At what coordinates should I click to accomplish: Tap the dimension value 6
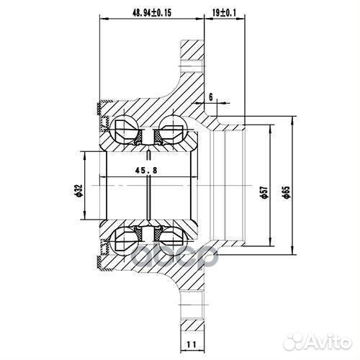click(210, 96)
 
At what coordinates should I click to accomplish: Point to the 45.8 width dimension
click(146, 171)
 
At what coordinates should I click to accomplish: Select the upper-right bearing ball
click(171, 127)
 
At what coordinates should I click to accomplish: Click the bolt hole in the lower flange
click(193, 312)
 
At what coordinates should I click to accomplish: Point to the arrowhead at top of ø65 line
click(292, 114)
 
